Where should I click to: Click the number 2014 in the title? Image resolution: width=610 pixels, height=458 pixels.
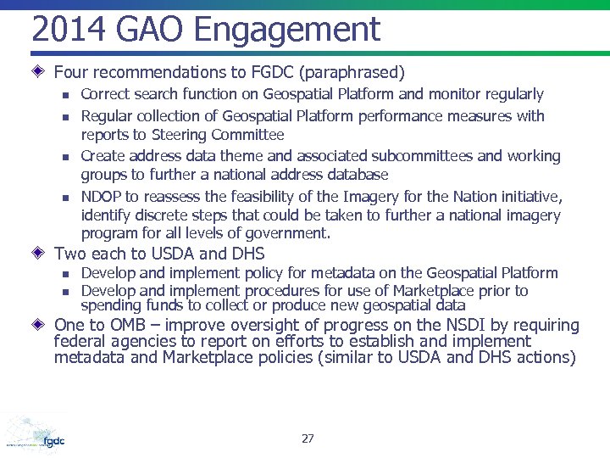[68, 30]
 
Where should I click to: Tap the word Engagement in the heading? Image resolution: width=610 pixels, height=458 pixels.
[286, 31]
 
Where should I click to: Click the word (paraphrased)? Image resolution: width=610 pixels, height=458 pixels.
[348, 73]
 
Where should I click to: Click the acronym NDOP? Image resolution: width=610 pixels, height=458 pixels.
[100, 196]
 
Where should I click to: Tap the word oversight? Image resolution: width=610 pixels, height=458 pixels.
[286, 326]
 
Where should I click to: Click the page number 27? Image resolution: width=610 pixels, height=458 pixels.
[308, 438]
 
